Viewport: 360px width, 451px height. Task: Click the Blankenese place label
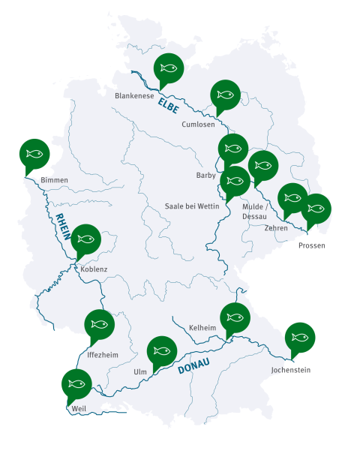pos(134,96)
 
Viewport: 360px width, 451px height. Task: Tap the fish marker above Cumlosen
pos(226,95)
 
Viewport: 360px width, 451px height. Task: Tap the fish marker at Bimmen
pos(34,154)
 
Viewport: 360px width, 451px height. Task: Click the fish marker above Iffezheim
pos(98,324)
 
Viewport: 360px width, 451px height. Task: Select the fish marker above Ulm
pos(162,350)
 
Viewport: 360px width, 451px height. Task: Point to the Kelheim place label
pos(202,329)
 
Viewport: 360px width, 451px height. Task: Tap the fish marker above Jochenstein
pos(300,338)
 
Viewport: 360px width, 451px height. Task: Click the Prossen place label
pos(312,245)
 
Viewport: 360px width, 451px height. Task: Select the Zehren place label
pos(276,228)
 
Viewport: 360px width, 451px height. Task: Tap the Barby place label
pos(205,176)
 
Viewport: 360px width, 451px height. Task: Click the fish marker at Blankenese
pos(169,68)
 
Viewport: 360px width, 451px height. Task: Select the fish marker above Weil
pos(76,384)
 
